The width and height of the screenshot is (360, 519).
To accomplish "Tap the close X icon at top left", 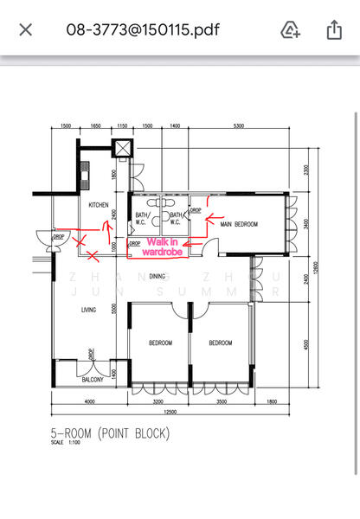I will (x=26, y=30).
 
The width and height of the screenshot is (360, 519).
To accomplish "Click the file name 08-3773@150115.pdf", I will (x=143, y=30).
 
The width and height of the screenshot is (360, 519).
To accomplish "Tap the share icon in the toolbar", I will (x=334, y=30).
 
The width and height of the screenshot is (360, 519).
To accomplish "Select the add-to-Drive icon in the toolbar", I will (x=291, y=30).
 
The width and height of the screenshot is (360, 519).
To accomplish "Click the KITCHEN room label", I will (x=99, y=205).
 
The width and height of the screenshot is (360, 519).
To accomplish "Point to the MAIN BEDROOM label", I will (x=239, y=225).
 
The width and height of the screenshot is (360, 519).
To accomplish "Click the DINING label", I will (x=157, y=276).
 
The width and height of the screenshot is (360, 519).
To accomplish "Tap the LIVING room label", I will (x=88, y=309).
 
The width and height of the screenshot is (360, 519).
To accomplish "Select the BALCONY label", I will (x=93, y=380).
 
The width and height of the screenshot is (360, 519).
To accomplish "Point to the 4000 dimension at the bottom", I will (x=88, y=402).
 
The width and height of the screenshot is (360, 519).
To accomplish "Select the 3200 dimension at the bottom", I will (x=158, y=402).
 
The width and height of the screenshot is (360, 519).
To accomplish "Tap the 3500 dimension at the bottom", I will (x=222, y=402).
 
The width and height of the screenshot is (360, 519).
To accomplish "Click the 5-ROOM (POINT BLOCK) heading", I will (x=111, y=432).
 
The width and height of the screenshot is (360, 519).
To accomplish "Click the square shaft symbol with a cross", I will (x=124, y=148).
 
